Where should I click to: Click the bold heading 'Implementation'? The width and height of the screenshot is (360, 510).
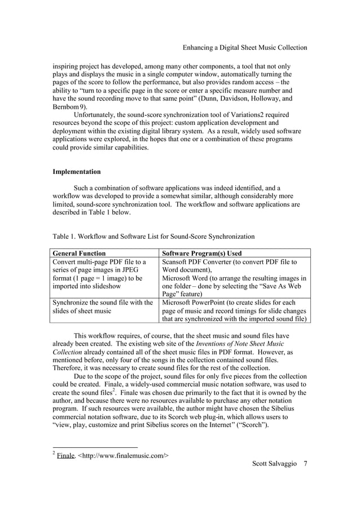(x=77, y=172)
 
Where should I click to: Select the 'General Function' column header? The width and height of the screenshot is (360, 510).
(x=79, y=254)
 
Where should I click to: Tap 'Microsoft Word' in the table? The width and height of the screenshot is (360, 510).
(x=188, y=278)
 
